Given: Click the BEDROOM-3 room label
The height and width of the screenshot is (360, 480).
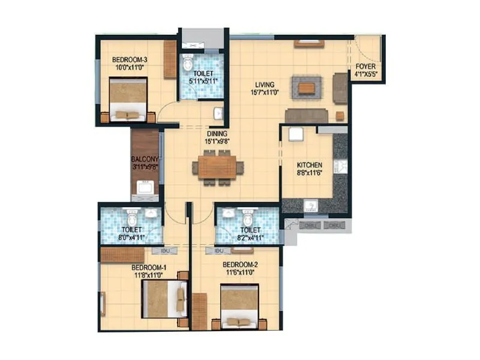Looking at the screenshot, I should [x=129, y=59].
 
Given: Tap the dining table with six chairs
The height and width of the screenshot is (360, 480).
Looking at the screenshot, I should [x=218, y=168].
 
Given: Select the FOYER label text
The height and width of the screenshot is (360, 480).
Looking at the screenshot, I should [x=365, y=67].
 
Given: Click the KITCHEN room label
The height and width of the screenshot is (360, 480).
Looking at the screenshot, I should [x=310, y=165].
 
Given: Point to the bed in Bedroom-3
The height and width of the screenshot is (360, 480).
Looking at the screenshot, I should [x=128, y=99].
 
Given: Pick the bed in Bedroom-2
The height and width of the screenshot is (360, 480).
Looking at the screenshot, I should [x=239, y=307].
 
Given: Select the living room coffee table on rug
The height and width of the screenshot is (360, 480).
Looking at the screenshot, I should [x=306, y=88].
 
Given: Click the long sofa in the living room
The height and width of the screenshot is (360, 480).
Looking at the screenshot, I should [x=306, y=116].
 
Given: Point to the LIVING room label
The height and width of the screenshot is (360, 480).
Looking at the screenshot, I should [x=263, y=85].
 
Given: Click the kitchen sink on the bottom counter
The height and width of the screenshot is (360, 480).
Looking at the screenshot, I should [x=310, y=206].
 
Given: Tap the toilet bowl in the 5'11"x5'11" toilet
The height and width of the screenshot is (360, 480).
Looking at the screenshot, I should [x=188, y=62].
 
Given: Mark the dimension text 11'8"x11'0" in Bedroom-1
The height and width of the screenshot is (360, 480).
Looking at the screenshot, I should [x=149, y=275].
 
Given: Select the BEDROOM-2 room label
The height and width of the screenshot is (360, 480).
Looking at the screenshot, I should [x=240, y=265].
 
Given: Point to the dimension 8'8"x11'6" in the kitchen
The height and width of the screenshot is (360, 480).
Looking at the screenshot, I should [x=310, y=173].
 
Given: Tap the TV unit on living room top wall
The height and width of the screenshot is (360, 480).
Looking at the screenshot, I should [x=309, y=44].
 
